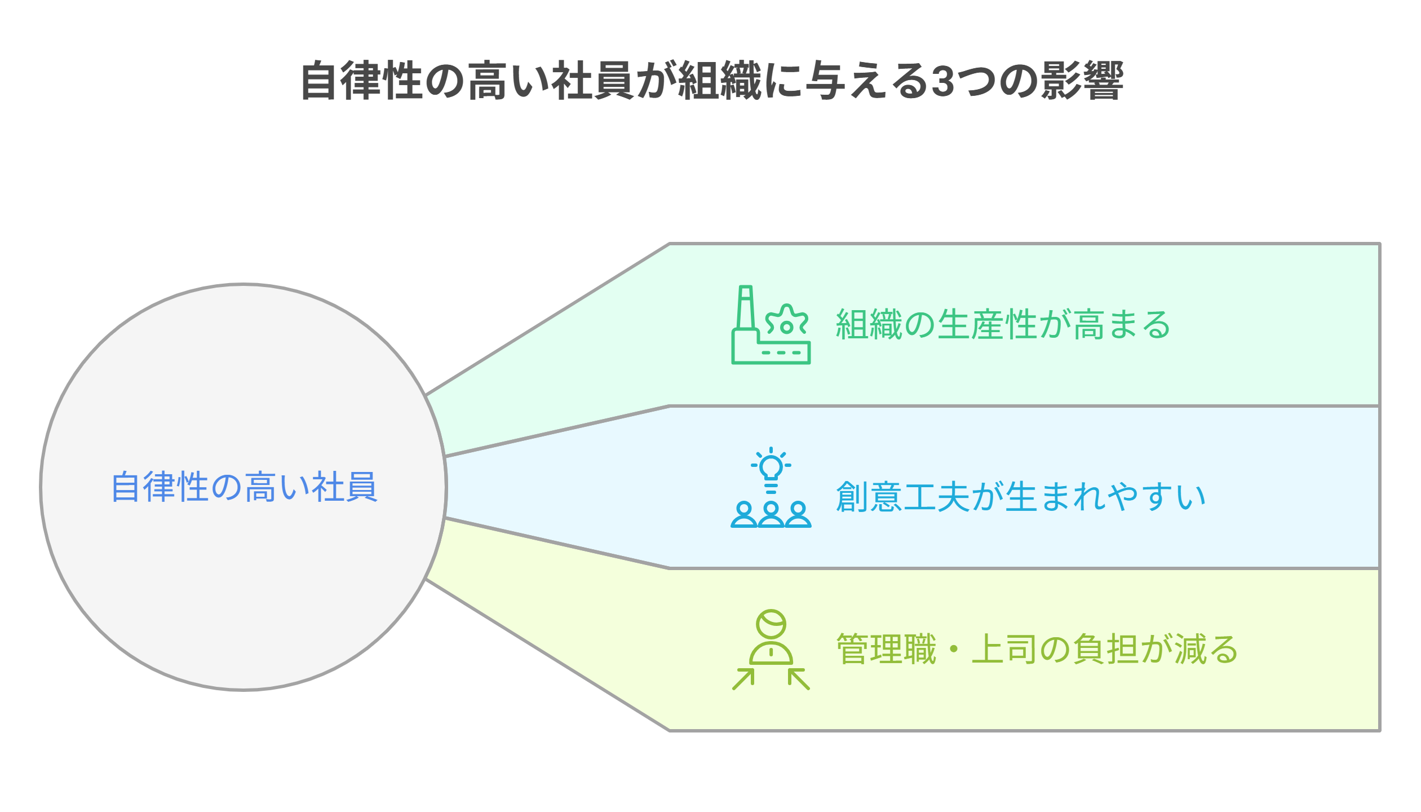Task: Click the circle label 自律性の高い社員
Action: point(244,487)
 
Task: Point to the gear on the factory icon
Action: point(787,326)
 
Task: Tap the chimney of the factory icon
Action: point(745,307)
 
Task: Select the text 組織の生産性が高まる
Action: point(1003,325)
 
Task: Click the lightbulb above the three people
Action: point(771,467)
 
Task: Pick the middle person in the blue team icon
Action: point(771,514)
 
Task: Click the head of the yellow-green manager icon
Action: point(771,624)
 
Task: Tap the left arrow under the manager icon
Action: point(743,679)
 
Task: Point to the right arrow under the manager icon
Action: point(799,679)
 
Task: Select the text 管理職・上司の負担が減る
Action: point(1037,650)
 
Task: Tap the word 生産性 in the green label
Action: point(988,325)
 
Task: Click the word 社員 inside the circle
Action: point(344,487)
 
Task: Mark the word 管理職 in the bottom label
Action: point(886,650)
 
